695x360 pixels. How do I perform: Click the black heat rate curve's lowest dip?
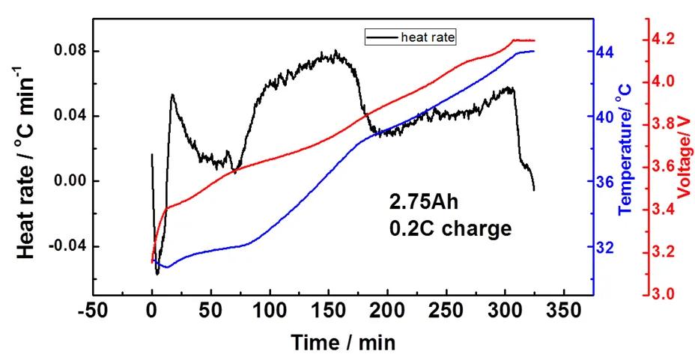(157, 274)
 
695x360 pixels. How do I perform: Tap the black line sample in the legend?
(381, 35)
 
